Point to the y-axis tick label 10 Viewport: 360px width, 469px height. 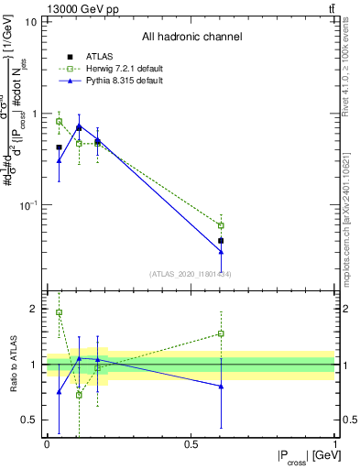coord(30,21)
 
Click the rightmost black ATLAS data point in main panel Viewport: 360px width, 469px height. coord(221,241)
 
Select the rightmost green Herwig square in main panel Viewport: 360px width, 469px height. coord(221,225)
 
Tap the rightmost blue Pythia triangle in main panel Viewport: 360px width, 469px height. coord(221,252)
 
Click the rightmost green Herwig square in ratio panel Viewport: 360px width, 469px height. coord(221,333)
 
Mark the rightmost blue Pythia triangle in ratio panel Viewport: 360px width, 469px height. coord(221,387)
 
